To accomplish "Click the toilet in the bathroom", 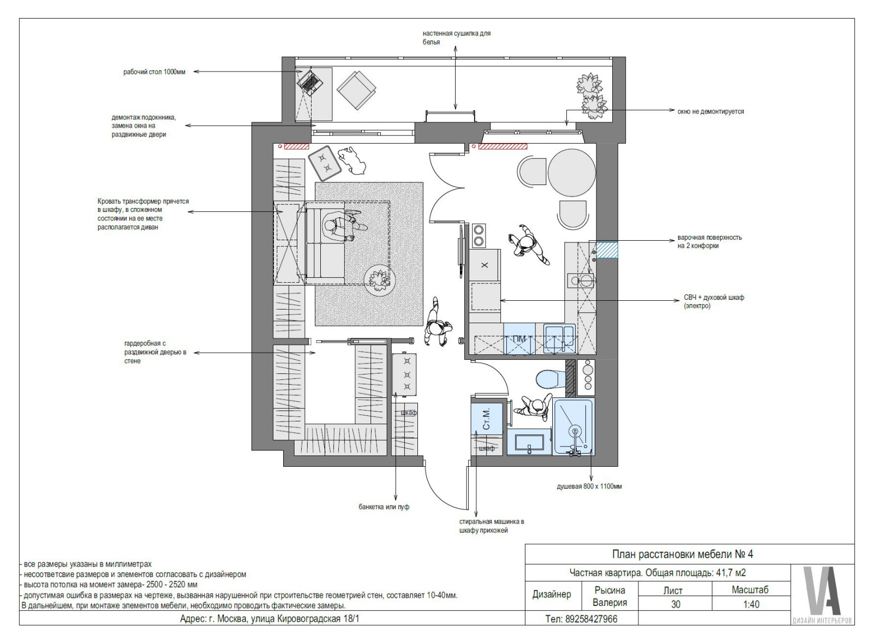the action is click(551, 379).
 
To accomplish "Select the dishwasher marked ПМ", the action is click(519, 338).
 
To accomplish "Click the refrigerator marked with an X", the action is click(485, 265).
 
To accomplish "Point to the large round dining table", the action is click(572, 173).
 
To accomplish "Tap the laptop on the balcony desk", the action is click(310, 82).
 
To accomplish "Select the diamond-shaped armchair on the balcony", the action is click(356, 90).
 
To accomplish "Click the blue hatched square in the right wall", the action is click(607, 250).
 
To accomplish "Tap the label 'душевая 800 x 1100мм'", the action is click(589, 486).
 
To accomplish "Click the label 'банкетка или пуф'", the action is click(384, 507).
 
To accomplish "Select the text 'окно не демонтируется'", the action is click(710, 111).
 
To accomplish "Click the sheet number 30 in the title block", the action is click(675, 604).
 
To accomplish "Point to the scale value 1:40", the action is click(751, 604).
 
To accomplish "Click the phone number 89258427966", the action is click(591, 619).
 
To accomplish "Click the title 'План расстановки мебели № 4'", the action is click(683, 554).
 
